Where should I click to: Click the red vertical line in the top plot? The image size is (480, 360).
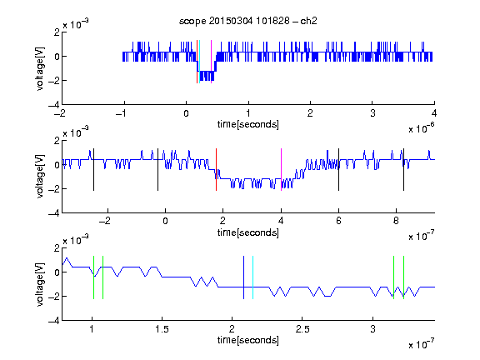click(197, 62)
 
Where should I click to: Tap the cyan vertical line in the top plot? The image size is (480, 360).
click(200, 62)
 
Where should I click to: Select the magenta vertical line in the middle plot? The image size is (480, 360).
click(281, 170)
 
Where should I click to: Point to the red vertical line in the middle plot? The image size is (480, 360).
click(216, 170)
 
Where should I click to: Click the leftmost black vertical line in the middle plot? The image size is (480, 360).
click(93, 170)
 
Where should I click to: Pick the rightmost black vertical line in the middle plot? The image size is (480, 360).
click(403, 170)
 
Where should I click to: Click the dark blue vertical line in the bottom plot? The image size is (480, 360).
click(243, 277)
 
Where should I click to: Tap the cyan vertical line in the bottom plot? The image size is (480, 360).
click(252, 277)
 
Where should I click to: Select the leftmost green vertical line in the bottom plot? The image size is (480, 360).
click(93, 277)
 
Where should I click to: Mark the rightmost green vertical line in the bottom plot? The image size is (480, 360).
click(404, 277)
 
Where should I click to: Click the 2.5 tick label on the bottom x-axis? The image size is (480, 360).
click(302, 329)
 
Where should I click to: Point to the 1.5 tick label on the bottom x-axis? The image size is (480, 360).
click(162, 329)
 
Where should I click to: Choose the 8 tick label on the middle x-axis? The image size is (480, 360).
click(396, 221)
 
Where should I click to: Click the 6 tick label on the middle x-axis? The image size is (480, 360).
click(338, 221)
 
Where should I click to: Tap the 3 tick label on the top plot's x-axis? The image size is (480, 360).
click(372, 113)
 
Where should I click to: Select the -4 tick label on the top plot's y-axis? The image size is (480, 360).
click(54, 105)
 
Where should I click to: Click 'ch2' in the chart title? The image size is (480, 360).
click(308, 21)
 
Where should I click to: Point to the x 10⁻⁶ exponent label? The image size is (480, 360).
click(422, 128)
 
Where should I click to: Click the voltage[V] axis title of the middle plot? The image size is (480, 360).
click(40, 177)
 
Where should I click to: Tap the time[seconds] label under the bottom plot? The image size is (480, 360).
click(248, 340)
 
